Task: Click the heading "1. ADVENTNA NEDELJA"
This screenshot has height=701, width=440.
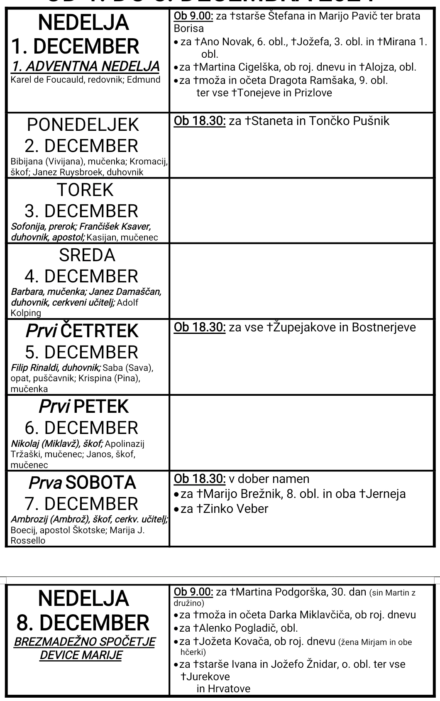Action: (x=86, y=66)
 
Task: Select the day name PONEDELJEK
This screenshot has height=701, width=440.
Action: (x=83, y=125)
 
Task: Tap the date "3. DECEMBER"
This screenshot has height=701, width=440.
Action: (x=81, y=211)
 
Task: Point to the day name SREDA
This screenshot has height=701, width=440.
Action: (x=87, y=255)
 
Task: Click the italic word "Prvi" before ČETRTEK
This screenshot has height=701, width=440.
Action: (x=41, y=331)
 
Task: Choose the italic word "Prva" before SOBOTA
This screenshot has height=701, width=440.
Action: (x=45, y=483)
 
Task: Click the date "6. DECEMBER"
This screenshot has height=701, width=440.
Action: (x=81, y=428)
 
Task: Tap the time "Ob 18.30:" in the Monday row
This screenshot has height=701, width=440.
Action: (x=200, y=121)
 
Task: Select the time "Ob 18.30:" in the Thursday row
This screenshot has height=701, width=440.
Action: (x=200, y=327)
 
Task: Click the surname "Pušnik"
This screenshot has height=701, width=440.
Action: (x=371, y=121)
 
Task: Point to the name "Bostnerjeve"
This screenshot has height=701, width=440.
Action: (x=384, y=327)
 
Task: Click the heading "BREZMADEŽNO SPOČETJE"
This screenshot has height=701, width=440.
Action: (x=85, y=642)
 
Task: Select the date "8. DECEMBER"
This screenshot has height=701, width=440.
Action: (x=83, y=623)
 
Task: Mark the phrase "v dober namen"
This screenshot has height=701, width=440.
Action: (x=269, y=479)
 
